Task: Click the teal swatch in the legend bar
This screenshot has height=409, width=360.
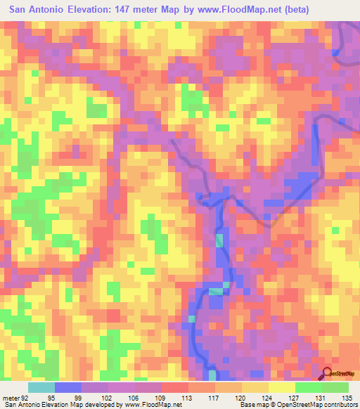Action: point(41,387)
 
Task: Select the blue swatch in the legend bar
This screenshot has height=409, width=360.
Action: point(68,387)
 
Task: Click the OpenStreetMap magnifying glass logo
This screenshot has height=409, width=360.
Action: point(328,374)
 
